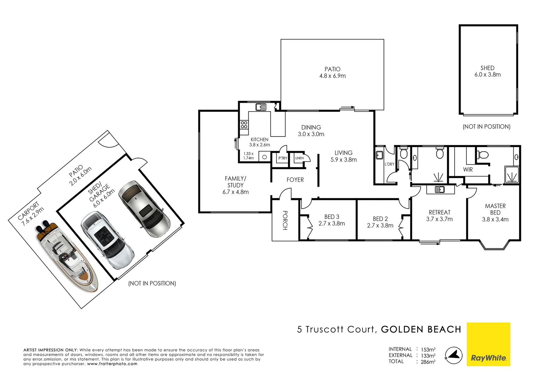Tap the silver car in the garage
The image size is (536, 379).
tap(144, 209)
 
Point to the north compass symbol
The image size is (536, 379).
tap(453, 355)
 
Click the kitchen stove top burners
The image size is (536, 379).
tap(244, 124)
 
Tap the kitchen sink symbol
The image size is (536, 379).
tap(261, 107)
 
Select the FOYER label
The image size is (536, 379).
tap(295, 180)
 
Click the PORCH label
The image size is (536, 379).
tap(285, 220)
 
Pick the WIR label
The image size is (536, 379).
tap(468, 169)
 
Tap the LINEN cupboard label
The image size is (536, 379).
tap(299, 158)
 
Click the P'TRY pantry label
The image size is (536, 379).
tap(283, 158)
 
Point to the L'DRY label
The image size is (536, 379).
tap(389, 164)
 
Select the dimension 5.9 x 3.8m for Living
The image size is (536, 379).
tap(343, 160)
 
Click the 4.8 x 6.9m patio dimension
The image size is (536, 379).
tap(332, 76)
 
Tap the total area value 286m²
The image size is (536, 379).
tap(428, 362)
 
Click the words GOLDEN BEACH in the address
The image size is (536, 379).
tap(421, 330)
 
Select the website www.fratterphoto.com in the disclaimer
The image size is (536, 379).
tap(112, 364)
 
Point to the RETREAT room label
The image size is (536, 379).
tap(439, 212)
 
